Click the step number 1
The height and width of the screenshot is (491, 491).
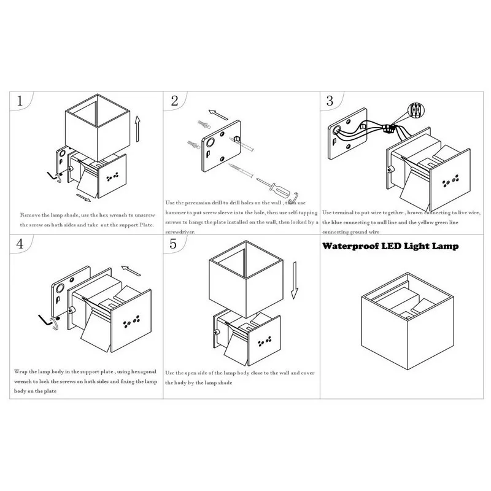22,101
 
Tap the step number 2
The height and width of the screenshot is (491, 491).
174,102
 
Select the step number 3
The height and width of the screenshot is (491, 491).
330,101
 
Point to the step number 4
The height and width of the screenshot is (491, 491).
20,243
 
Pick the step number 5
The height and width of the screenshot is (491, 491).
173,244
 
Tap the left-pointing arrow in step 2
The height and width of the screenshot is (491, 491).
218,114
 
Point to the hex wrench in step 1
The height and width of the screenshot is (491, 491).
53,178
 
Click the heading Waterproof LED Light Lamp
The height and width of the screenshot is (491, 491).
390,247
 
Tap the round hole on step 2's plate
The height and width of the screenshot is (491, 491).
211,143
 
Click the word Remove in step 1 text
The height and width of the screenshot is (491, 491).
31,216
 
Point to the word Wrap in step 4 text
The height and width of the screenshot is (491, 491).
21,373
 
